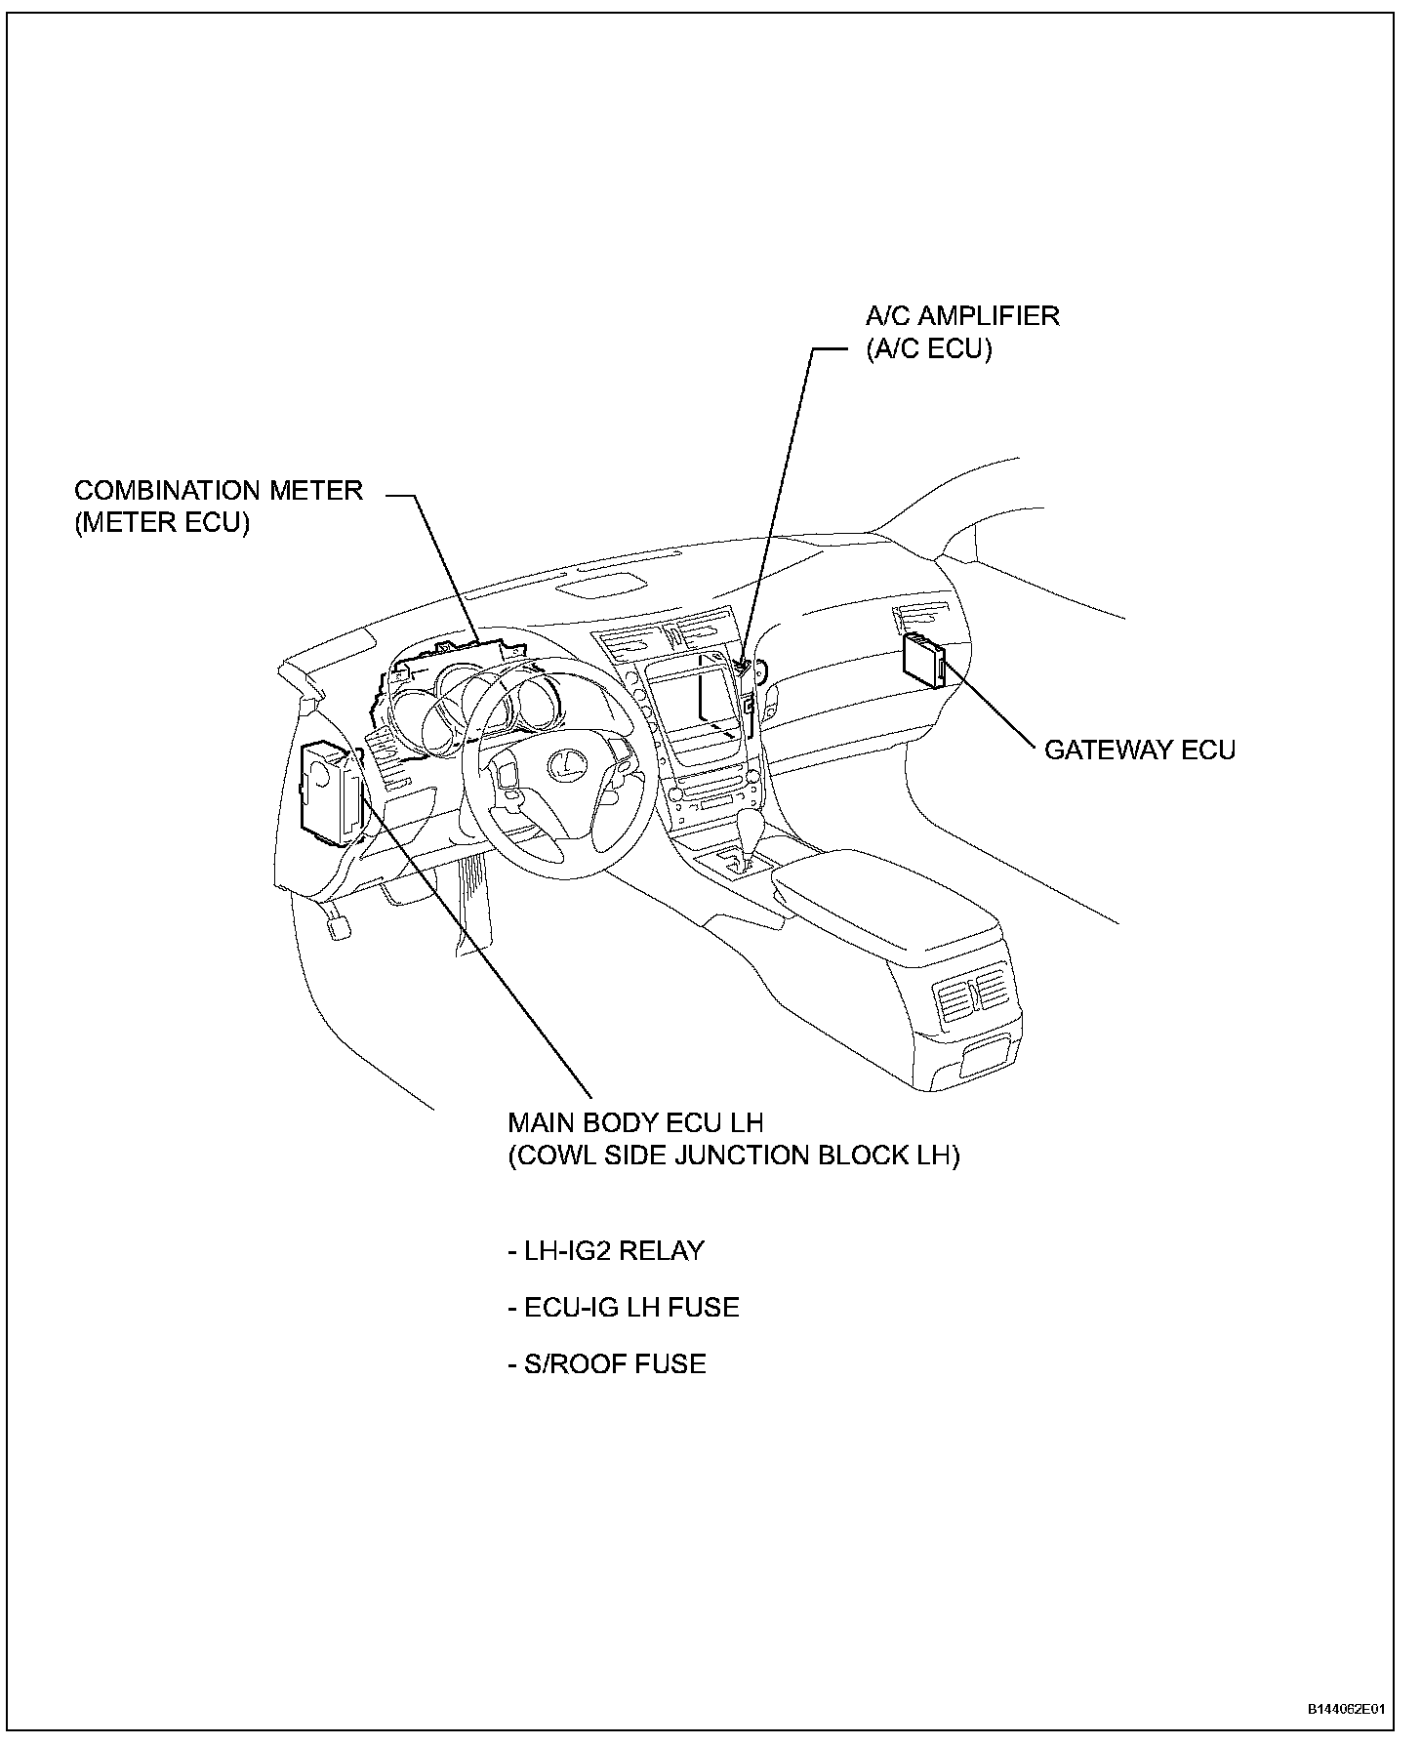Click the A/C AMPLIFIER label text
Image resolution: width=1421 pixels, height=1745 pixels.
click(962, 316)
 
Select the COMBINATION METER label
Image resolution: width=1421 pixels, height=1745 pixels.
click(219, 490)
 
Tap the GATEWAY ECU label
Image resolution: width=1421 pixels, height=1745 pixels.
click(1139, 750)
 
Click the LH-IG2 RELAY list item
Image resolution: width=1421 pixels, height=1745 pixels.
click(606, 1251)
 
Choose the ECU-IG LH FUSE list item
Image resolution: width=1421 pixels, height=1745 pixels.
click(624, 1307)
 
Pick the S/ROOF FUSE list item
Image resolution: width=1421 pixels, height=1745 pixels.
click(607, 1363)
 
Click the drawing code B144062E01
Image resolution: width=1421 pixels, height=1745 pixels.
click(1347, 1710)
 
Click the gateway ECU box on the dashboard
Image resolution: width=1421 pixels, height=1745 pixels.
click(922, 659)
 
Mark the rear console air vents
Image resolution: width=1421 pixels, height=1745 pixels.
click(974, 996)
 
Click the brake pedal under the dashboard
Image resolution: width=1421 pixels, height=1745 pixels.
click(340, 923)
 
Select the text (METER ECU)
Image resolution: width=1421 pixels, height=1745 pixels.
click(162, 523)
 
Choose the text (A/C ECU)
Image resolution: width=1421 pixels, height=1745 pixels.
click(928, 349)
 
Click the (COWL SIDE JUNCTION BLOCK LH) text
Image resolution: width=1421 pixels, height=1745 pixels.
click(733, 1156)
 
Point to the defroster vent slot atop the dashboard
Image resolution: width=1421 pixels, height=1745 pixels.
click(599, 583)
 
